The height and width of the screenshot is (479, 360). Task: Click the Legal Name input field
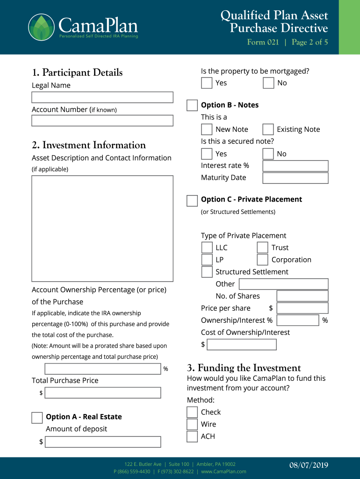click(x=102, y=97)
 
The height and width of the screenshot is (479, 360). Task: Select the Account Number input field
click(x=102, y=121)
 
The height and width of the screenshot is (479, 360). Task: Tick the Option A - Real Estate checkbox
click(x=37, y=418)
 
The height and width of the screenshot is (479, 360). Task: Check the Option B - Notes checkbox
click(x=192, y=105)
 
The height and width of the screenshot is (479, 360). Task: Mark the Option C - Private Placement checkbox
click(x=192, y=201)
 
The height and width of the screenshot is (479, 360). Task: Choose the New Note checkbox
click(x=207, y=130)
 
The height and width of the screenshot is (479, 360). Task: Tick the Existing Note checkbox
click(x=268, y=130)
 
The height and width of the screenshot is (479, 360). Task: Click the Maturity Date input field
click(x=295, y=178)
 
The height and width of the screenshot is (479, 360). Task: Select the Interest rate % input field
click(x=295, y=166)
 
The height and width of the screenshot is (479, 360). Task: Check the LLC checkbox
click(x=207, y=247)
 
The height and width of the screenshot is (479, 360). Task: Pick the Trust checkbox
click(x=263, y=247)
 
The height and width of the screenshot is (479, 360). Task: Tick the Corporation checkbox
click(x=263, y=260)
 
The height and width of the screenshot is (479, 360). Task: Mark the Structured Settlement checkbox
click(x=207, y=272)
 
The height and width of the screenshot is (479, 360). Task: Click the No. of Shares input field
click(x=302, y=296)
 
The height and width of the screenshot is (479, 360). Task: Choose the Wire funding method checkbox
click(x=192, y=424)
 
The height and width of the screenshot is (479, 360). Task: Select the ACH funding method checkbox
click(x=192, y=436)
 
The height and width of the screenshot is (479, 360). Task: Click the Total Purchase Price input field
click(x=102, y=393)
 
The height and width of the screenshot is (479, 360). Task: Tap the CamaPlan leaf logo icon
click(x=41, y=27)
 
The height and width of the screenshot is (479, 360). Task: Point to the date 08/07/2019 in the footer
click(x=308, y=465)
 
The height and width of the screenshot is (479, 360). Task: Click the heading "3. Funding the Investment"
click(x=244, y=368)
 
